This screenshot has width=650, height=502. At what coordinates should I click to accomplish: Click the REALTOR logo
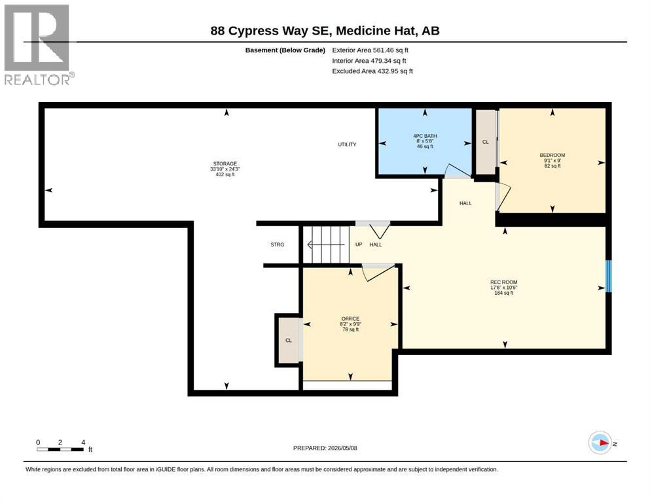pyautogui.click(x=39, y=44)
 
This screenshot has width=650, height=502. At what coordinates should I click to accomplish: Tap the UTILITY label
pyautogui.click(x=347, y=144)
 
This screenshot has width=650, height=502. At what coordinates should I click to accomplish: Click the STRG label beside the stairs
pyautogui.click(x=278, y=244)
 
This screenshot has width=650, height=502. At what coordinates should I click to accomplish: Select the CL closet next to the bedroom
pyautogui.click(x=486, y=142)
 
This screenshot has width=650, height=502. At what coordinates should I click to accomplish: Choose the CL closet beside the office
pyautogui.click(x=289, y=340)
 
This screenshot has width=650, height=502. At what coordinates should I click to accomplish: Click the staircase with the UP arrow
pyautogui.click(x=326, y=244)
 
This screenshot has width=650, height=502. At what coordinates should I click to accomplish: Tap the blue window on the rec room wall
pyautogui.click(x=609, y=276)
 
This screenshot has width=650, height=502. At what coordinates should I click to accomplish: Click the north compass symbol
pyautogui.click(x=600, y=443)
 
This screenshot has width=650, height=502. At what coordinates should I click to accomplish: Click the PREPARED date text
pyautogui.click(x=325, y=448)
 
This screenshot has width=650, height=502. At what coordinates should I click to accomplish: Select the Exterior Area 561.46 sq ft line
pyautogui.click(x=370, y=50)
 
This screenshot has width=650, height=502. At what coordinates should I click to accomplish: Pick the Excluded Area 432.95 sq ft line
pyautogui.click(x=372, y=71)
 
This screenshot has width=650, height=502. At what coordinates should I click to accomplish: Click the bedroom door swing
pyautogui.click(x=503, y=197)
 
